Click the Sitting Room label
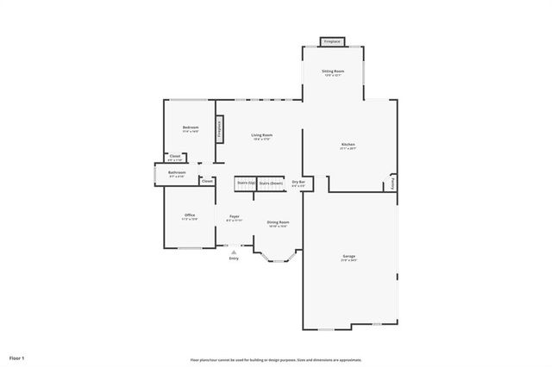click(x=333, y=72)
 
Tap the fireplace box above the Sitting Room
click(x=333, y=41)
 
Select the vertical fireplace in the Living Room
click(x=220, y=129)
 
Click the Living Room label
click(x=262, y=136)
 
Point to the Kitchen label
click(x=348, y=146)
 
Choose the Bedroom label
click(x=191, y=129)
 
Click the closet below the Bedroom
click(x=175, y=158)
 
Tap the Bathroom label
click(x=177, y=174)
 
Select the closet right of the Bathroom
click(x=207, y=181)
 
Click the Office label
click(x=190, y=216)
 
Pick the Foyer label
click(x=234, y=217)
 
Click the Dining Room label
click(x=278, y=223)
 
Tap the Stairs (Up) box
click(x=246, y=183)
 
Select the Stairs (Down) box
click(x=271, y=183)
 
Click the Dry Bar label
click(x=299, y=183)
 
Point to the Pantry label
click(x=393, y=183)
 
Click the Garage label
click(x=348, y=258)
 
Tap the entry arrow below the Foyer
click(x=233, y=252)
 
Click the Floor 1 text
click(x=17, y=357)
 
